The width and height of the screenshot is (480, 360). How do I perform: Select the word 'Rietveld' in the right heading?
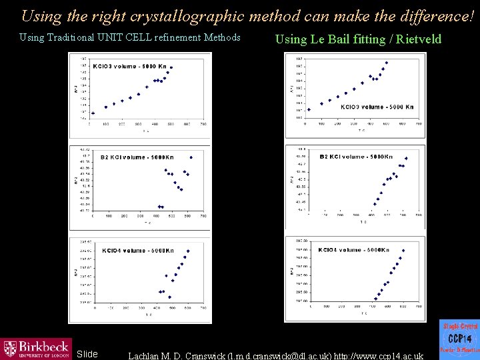tap(419, 39)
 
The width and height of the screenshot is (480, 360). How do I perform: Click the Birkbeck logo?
tap(36, 348)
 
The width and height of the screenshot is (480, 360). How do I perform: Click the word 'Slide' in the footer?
tap(87, 354)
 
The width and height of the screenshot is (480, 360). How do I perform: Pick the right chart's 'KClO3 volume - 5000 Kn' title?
tap(377, 107)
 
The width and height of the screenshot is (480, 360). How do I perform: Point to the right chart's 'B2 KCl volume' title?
tap(356, 157)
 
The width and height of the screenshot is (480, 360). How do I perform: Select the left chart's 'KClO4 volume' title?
tap(137, 251)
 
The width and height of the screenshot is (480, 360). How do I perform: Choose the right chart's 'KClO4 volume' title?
tap(353, 250)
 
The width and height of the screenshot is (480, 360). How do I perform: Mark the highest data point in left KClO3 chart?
tap(171, 67)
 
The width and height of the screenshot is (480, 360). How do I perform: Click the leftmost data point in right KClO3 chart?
tap(309, 109)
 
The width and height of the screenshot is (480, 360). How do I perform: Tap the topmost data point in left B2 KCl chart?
tap(191, 157)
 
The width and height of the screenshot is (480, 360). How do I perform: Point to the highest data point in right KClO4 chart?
tap(403, 251)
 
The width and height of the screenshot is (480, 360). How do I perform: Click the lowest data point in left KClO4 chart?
tap(169, 297)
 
